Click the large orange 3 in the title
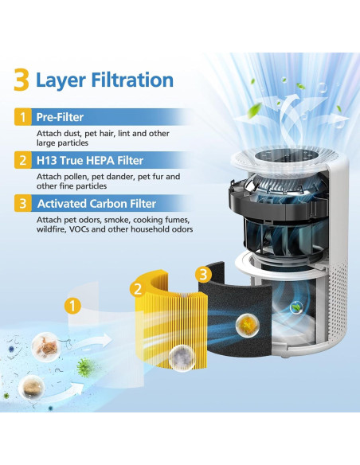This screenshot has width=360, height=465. [x=22, y=80]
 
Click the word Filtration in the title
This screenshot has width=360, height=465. [x=132, y=80]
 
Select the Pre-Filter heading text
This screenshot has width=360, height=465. [x=60, y=117]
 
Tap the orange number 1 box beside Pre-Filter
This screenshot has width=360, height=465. [x=23, y=117]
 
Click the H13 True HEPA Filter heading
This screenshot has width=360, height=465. [x=90, y=160]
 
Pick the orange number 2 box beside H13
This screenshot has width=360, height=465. [x=23, y=160]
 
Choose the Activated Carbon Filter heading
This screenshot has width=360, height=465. [x=96, y=204]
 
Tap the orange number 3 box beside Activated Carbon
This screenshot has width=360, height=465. [x=23, y=204]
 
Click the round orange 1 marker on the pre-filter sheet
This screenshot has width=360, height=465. [x=72, y=306]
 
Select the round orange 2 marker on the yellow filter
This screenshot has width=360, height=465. [x=139, y=289]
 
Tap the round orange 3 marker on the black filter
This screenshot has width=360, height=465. [x=203, y=275]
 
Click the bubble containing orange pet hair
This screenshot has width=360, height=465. [x=45, y=346]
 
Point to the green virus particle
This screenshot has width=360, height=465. [x=85, y=368]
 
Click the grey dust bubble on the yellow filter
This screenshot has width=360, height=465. [x=182, y=358]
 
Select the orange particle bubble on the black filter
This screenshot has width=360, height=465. [x=248, y=326]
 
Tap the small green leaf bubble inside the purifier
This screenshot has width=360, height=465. [x=295, y=307]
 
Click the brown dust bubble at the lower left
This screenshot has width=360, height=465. [x=31, y=387]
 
